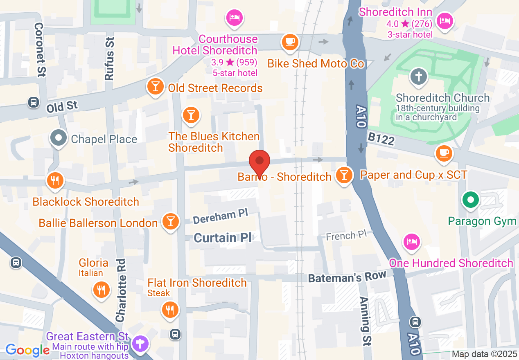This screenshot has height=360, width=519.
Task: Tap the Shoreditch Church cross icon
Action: (x=419, y=76)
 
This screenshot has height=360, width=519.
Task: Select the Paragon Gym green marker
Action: (x=471, y=200)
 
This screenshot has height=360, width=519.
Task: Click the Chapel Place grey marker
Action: (x=59, y=138)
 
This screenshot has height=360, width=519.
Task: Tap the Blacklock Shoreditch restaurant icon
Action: (x=55, y=180)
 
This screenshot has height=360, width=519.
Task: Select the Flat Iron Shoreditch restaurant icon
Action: (x=170, y=309)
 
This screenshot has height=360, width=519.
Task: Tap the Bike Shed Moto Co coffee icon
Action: (x=290, y=42)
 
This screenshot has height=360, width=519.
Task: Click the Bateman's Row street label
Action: (x=347, y=277)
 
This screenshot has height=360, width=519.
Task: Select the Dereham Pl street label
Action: (x=220, y=216)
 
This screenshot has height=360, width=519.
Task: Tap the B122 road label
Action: (x=381, y=139)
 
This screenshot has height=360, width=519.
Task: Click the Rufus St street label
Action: (x=109, y=58)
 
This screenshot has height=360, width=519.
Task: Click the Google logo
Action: (x=27, y=350)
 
